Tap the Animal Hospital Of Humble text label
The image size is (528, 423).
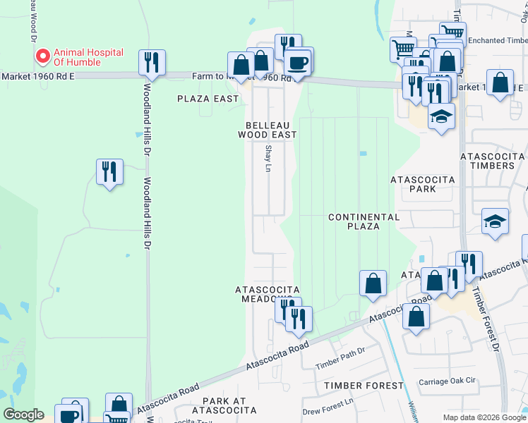click(x=88, y=57)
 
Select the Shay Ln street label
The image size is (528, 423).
click(x=268, y=160)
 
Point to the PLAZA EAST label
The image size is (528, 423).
click(x=208, y=99)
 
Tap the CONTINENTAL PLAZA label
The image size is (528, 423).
click(x=364, y=221)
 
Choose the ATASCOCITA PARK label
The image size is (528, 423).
click(x=423, y=185)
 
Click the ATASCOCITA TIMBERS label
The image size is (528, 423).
click(x=487, y=160)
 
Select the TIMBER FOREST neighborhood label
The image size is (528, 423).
click(x=364, y=386)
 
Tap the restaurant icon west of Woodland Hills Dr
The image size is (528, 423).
click(x=109, y=172)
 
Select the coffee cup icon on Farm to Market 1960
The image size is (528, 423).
click(x=297, y=62)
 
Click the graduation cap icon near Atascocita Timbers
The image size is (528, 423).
click(x=496, y=222)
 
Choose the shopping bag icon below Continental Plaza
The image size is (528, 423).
click(x=373, y=284)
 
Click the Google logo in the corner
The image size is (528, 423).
click(x=23, y=415)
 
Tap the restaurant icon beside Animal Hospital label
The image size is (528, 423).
click(x=152, y=63)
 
